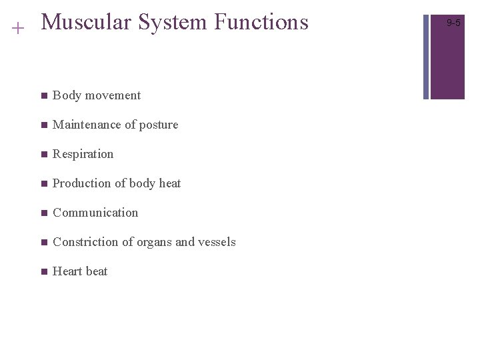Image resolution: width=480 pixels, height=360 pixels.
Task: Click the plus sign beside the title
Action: tap(18, 28)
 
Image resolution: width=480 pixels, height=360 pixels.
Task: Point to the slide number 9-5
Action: tap(453, 23)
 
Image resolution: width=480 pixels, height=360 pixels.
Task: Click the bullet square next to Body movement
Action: tap(43, 96)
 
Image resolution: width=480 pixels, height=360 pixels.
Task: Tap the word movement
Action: tap(113, 95)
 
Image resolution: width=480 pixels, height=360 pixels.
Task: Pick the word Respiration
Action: tap(83, 154)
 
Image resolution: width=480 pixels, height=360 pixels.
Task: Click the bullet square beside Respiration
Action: tap(43, 155)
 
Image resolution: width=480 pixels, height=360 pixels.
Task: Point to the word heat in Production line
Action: tap(170, 183)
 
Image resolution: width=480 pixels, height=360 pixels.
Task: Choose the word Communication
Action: tap(95, 213)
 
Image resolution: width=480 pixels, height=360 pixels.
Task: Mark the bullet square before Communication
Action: tap(43, 213)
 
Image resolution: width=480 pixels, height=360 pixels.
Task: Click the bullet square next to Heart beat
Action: tap(43, 272)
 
